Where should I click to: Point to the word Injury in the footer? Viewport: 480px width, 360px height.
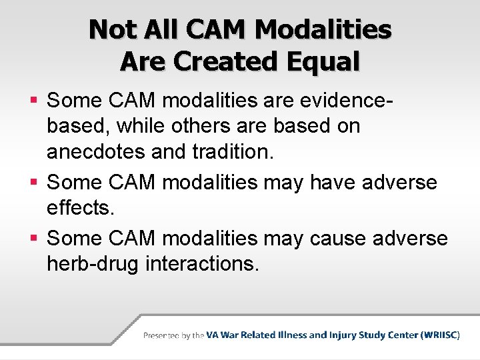345,335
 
